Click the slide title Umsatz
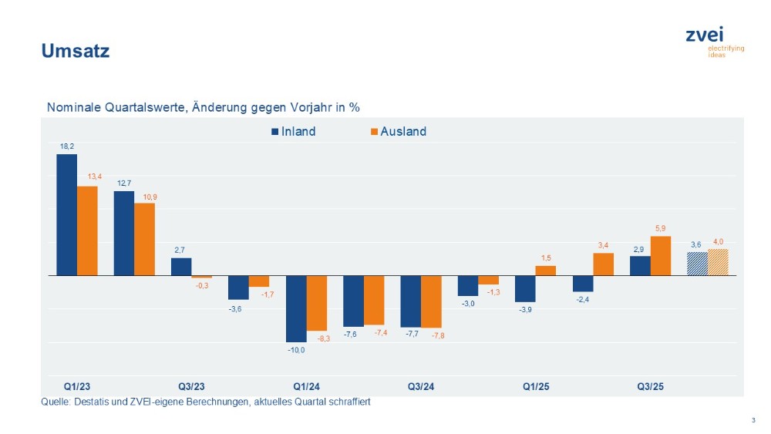point(75,52)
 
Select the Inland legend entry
point(293,132)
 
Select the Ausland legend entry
point(398,132)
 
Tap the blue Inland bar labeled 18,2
point(66,214)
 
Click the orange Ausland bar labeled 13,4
point(87,230)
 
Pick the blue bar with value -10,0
point(296,308)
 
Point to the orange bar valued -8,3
point(317,303)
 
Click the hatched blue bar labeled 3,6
point(697,264)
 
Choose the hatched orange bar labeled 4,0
point(718,262)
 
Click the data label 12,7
point(124,183)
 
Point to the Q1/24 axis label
point(307,386)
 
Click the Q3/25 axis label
point(650,386)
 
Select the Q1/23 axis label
point(77,386)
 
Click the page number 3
point(752,420)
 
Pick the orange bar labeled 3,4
point(603,264)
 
